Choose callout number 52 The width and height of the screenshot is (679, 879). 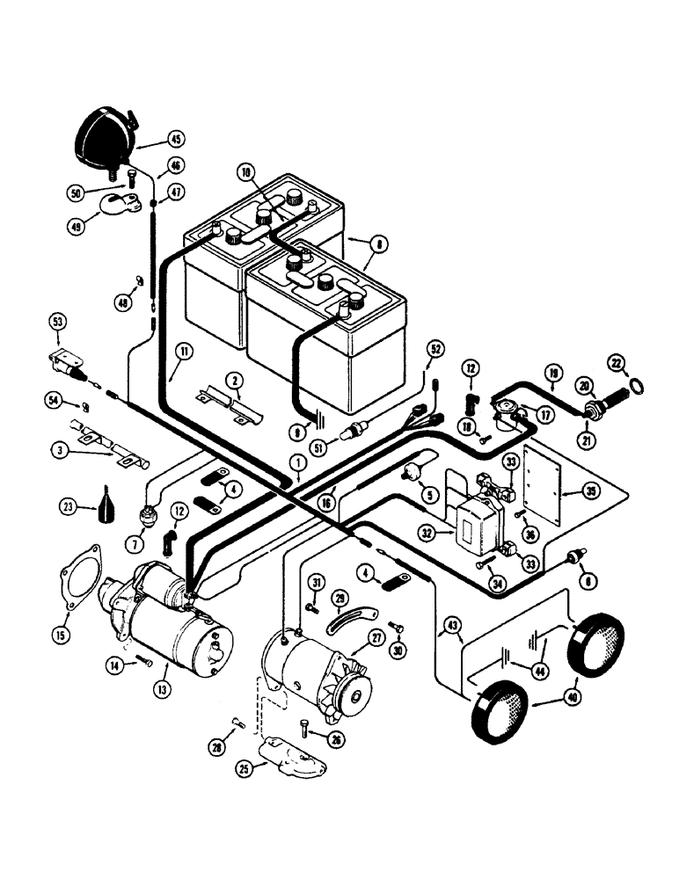[x=432, y=349]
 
